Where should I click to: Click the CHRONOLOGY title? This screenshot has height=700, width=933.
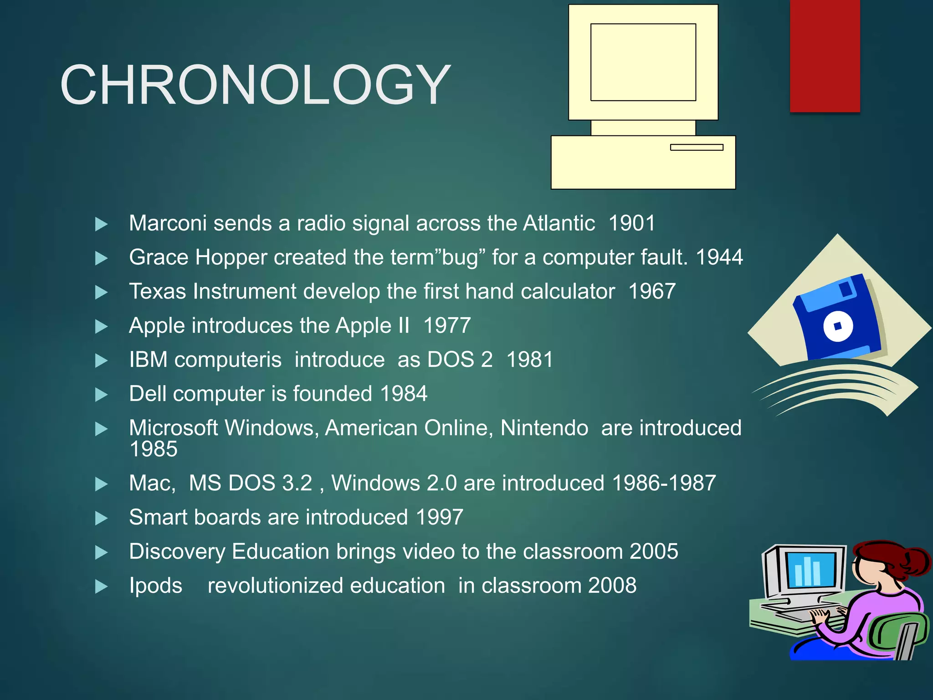point(255,85)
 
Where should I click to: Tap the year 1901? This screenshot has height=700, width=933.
point(632,223)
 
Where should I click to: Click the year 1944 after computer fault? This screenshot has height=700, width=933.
point(719,257)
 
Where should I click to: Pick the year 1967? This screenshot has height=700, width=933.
point(652,292)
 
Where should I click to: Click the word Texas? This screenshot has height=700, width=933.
point(157,292)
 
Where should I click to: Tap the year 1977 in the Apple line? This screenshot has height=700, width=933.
point(447,326)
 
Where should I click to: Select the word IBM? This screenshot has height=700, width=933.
point(148,360)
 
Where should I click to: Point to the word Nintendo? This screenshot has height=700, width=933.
point(544,428)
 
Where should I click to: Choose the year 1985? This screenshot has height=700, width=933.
point(154,449)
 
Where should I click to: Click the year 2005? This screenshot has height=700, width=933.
point(654,551)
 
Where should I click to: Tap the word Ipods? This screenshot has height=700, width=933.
point(155,586)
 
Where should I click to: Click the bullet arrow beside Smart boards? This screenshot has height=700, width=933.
point(101,518)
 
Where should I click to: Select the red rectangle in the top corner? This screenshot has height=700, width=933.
point(825,56)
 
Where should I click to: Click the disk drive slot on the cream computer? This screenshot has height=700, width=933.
point(697,147)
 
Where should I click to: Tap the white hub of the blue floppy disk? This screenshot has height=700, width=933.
point(838,326)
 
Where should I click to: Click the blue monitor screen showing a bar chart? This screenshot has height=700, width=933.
point(811,570)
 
